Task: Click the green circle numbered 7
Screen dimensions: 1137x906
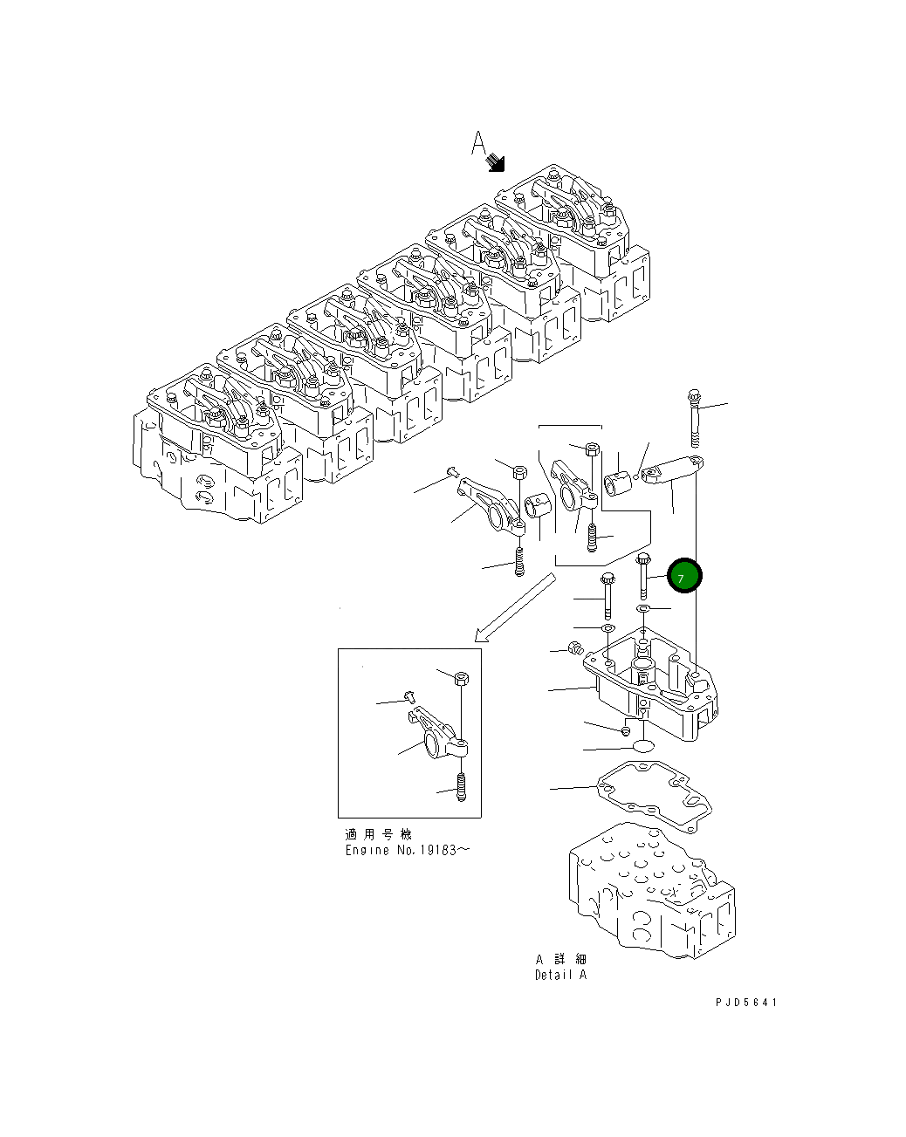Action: click(x=683, y=576)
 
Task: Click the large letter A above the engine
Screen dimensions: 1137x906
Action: click(x=478, y=143)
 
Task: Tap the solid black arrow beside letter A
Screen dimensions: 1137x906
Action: click(x=496, y=161)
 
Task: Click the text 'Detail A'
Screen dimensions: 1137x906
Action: click(x=560, y=975)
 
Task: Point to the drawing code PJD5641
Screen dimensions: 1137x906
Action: click(x=745, y=1003)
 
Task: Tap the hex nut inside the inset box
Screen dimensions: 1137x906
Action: click(x=462, y=677)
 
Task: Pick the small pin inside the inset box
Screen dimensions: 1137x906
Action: click(x=408, y=695)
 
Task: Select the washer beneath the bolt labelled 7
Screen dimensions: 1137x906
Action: click(x=643, y=608)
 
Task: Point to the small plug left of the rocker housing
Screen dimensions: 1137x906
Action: click(x=574, y=647)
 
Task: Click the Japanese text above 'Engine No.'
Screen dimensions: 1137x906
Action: click(x=379, y=834)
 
